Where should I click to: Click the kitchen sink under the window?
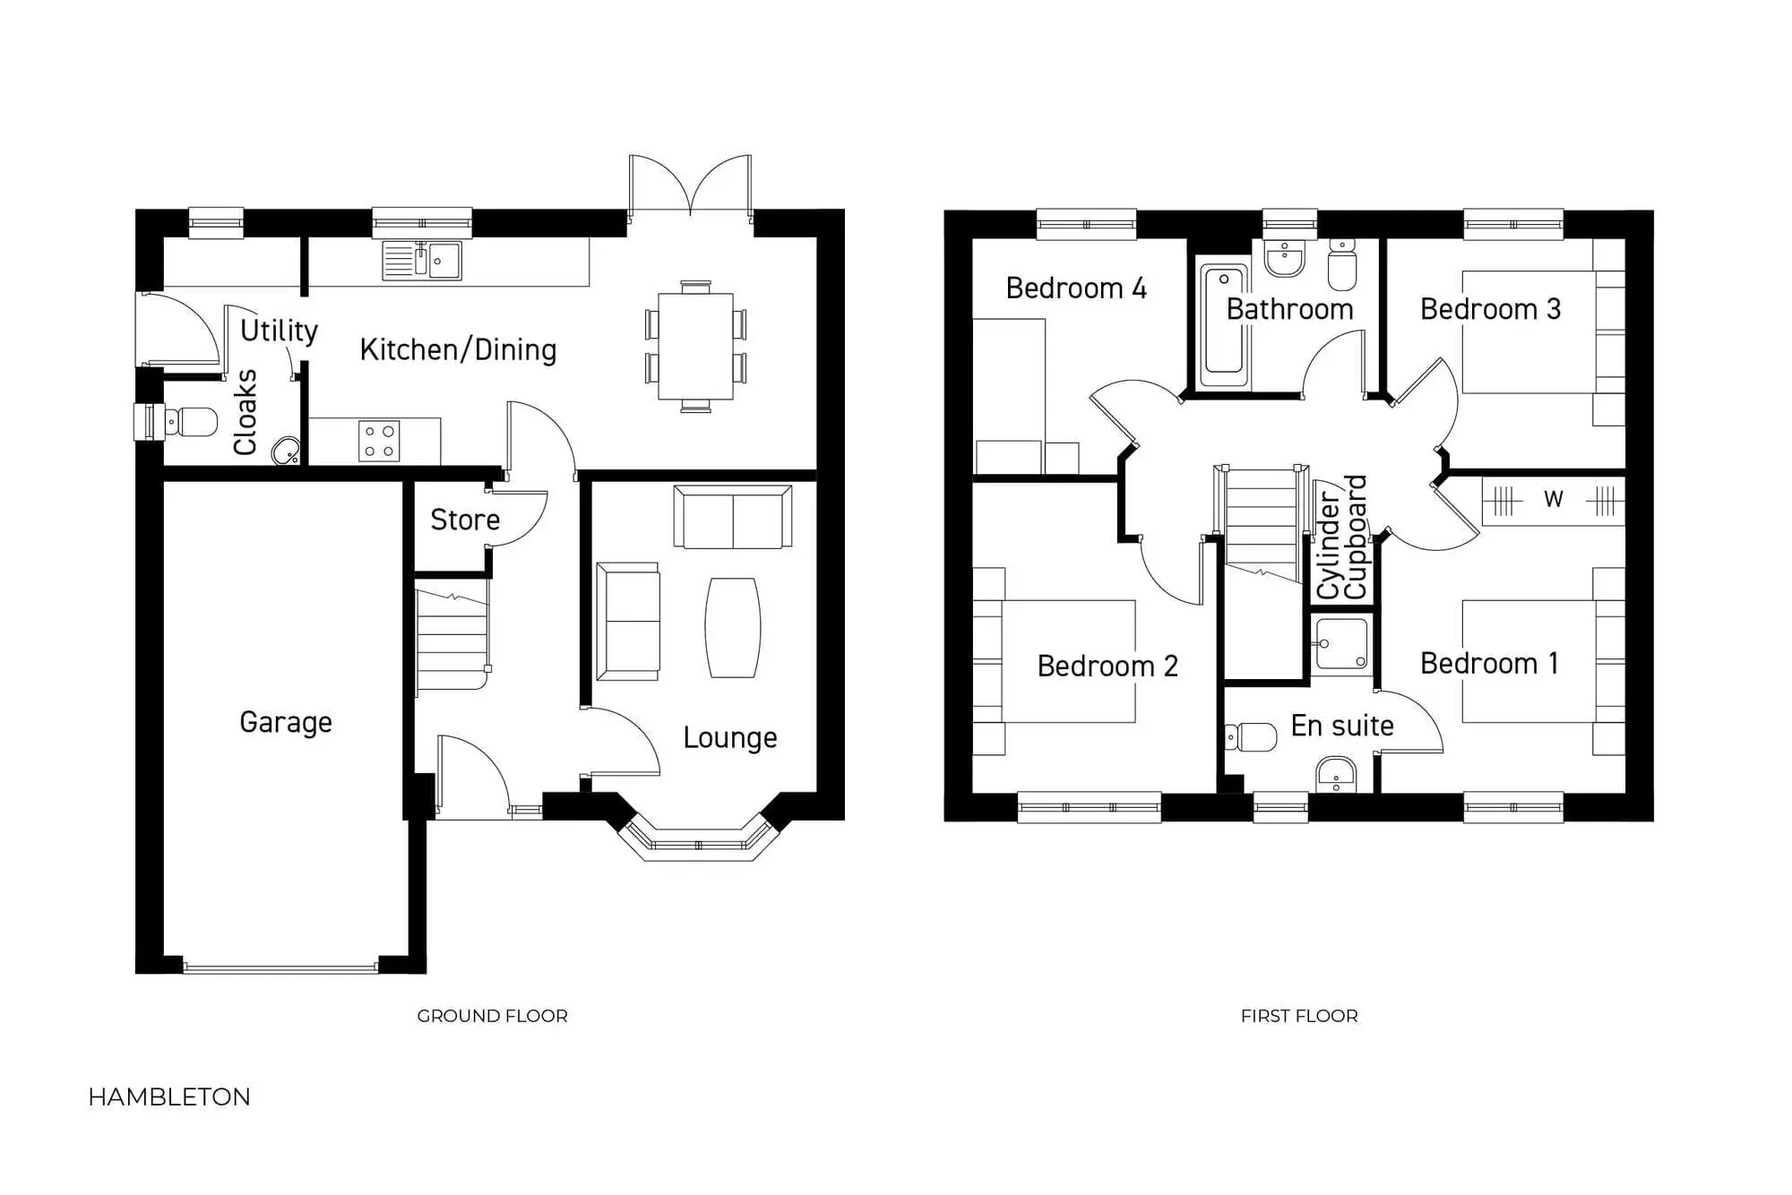click(422, 261)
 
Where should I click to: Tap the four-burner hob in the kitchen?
click(379, 442)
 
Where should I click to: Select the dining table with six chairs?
click(695, 347)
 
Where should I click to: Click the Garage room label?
click(286, 722)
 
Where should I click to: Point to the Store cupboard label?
click(465, 520)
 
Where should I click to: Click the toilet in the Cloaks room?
click(190, 421)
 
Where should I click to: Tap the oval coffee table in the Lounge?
click(733, 627)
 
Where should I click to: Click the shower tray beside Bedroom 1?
click(1341, 644)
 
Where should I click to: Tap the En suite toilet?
click(1253, 737)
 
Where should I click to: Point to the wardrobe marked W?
click(1553, 500)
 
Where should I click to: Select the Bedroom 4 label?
click(1076, 288)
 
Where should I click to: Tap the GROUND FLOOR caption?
click(492, 1016)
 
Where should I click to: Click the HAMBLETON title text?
click(169, 1097)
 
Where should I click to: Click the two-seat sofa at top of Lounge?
click(732, 518)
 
